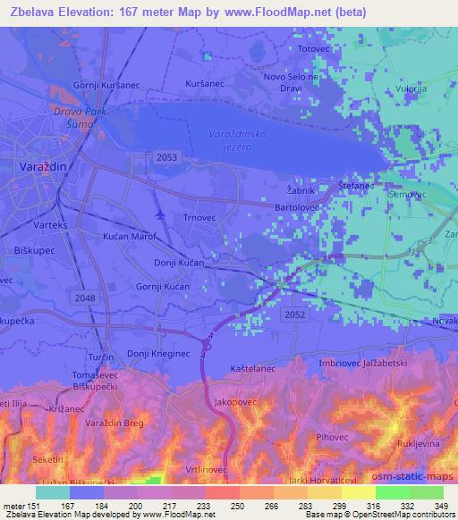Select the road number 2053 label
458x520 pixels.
(x=166, y=157)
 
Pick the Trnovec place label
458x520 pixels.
(x=199, y=216)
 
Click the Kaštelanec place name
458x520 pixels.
(x=251, y=367)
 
